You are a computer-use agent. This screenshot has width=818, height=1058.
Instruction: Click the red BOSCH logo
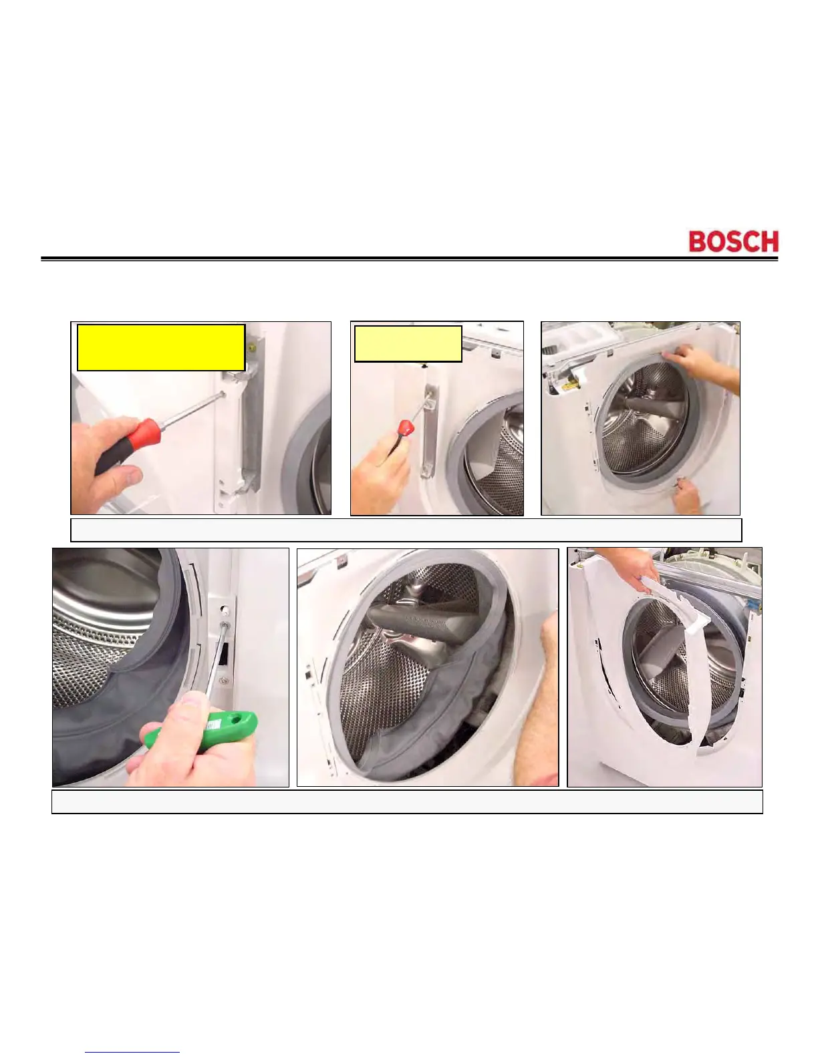733,242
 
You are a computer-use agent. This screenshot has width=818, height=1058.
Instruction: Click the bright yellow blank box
161,347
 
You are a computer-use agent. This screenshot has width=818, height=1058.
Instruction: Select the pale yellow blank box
408,344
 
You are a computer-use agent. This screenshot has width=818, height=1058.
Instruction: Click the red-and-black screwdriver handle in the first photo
128,445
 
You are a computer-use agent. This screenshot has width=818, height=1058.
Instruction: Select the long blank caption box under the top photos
406,530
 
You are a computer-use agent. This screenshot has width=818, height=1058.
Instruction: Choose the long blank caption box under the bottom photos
407,802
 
